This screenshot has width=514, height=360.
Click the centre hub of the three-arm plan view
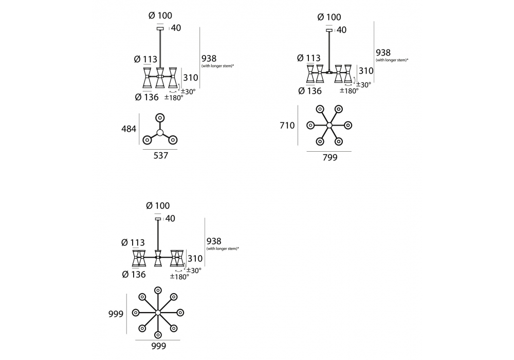[160, 133]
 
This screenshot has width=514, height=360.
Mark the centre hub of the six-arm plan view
[329, 125]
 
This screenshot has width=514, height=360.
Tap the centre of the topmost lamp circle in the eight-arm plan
[158, 291]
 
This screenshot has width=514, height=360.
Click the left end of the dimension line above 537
[143, 150]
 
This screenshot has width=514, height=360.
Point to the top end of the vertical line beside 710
[298, 105]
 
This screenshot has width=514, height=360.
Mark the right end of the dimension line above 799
[352, 152]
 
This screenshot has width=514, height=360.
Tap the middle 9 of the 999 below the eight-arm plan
[159, 346]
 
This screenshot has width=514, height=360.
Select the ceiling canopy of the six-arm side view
[329, 30]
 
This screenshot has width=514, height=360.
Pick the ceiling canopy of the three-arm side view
[160, 28]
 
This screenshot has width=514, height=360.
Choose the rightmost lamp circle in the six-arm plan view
[348, 125]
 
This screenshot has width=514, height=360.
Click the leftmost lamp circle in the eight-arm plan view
[136, 313]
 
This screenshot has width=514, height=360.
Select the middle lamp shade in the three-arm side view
[160, 77]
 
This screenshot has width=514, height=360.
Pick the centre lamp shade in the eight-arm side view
[158, 258]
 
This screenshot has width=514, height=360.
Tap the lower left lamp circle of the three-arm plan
[147, 140]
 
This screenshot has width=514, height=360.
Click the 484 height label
[129, 129]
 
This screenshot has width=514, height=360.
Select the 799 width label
[330, 158]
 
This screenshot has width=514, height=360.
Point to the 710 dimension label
[287, 125]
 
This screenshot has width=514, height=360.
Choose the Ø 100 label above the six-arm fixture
[329, 17]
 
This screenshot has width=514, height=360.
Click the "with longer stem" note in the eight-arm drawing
[223, 249]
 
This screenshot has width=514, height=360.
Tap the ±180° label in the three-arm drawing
[174, 97]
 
